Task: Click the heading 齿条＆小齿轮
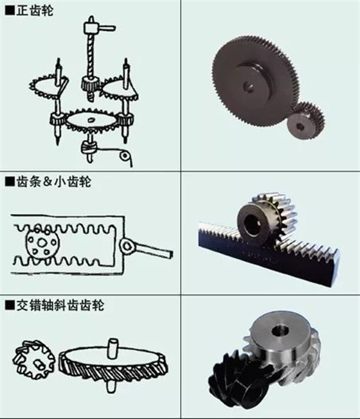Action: click(51, 182)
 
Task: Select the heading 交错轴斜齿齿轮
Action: click(58, 305)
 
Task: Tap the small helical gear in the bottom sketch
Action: click(32, 360)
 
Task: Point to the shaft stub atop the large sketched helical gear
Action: click(113, 348)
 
